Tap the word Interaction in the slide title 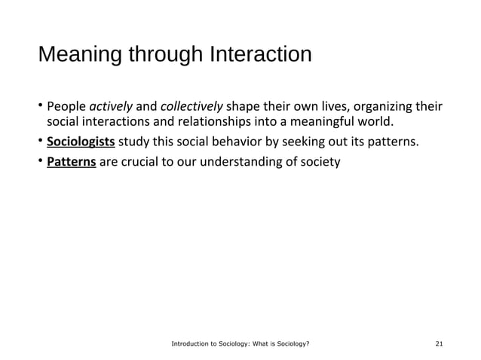[x=259, y=56]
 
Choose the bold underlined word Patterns [x=71, y=161]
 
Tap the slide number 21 [x=440, y=343]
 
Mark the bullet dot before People [x=41, y=105]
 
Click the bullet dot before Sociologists [x=41, y=142]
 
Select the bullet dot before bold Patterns [x=41, y=161]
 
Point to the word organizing [x=384, y=105]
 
